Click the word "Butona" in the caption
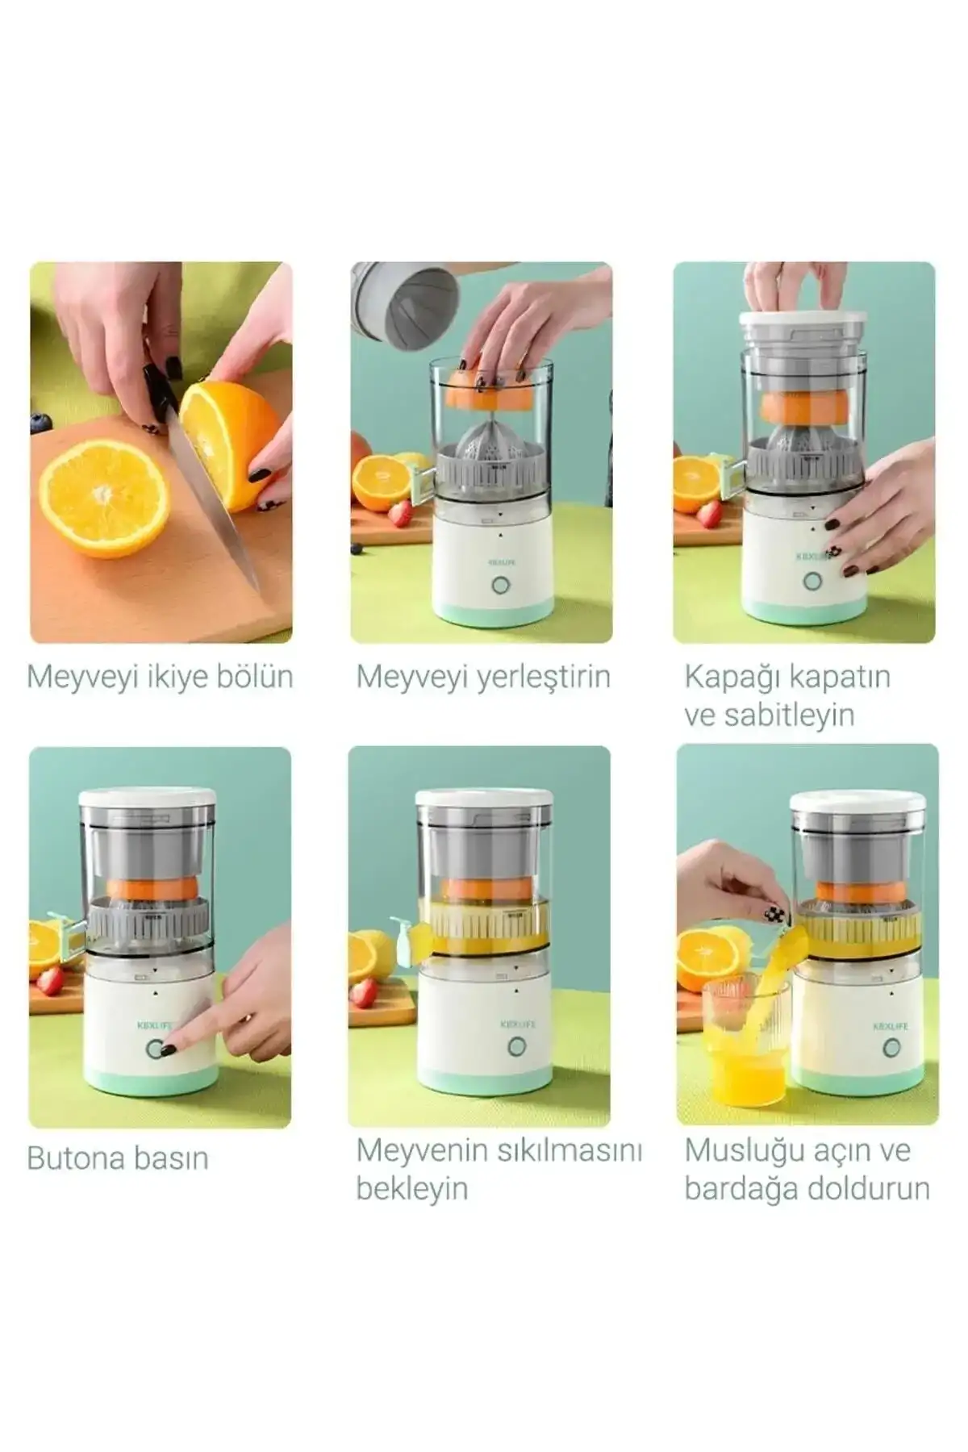coord(73,1158)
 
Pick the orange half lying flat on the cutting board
coord(105,498)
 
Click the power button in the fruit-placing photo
coord(501,585)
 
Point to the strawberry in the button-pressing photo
coord(48,981)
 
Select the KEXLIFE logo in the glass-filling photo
coord(890,1026)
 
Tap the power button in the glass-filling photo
coord(891,1048)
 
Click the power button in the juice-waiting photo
coord(516,1047)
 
